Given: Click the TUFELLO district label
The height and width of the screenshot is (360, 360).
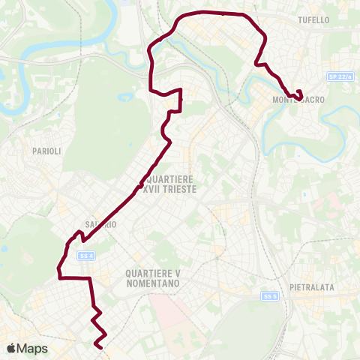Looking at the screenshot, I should point(313,19).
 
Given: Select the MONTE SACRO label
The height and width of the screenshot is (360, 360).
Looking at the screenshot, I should point(297,99).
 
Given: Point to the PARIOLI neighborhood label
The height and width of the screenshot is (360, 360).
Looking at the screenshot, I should point(46,151).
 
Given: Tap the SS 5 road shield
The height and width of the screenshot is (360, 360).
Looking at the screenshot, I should point(270,296).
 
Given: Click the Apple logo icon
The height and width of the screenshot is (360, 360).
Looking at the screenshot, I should point(11,348).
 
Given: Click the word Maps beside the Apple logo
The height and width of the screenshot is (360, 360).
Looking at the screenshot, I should point(32,348).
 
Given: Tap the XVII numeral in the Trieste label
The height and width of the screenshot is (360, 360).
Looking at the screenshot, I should point(153,190).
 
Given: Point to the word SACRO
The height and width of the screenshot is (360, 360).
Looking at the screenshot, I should point(309,99).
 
